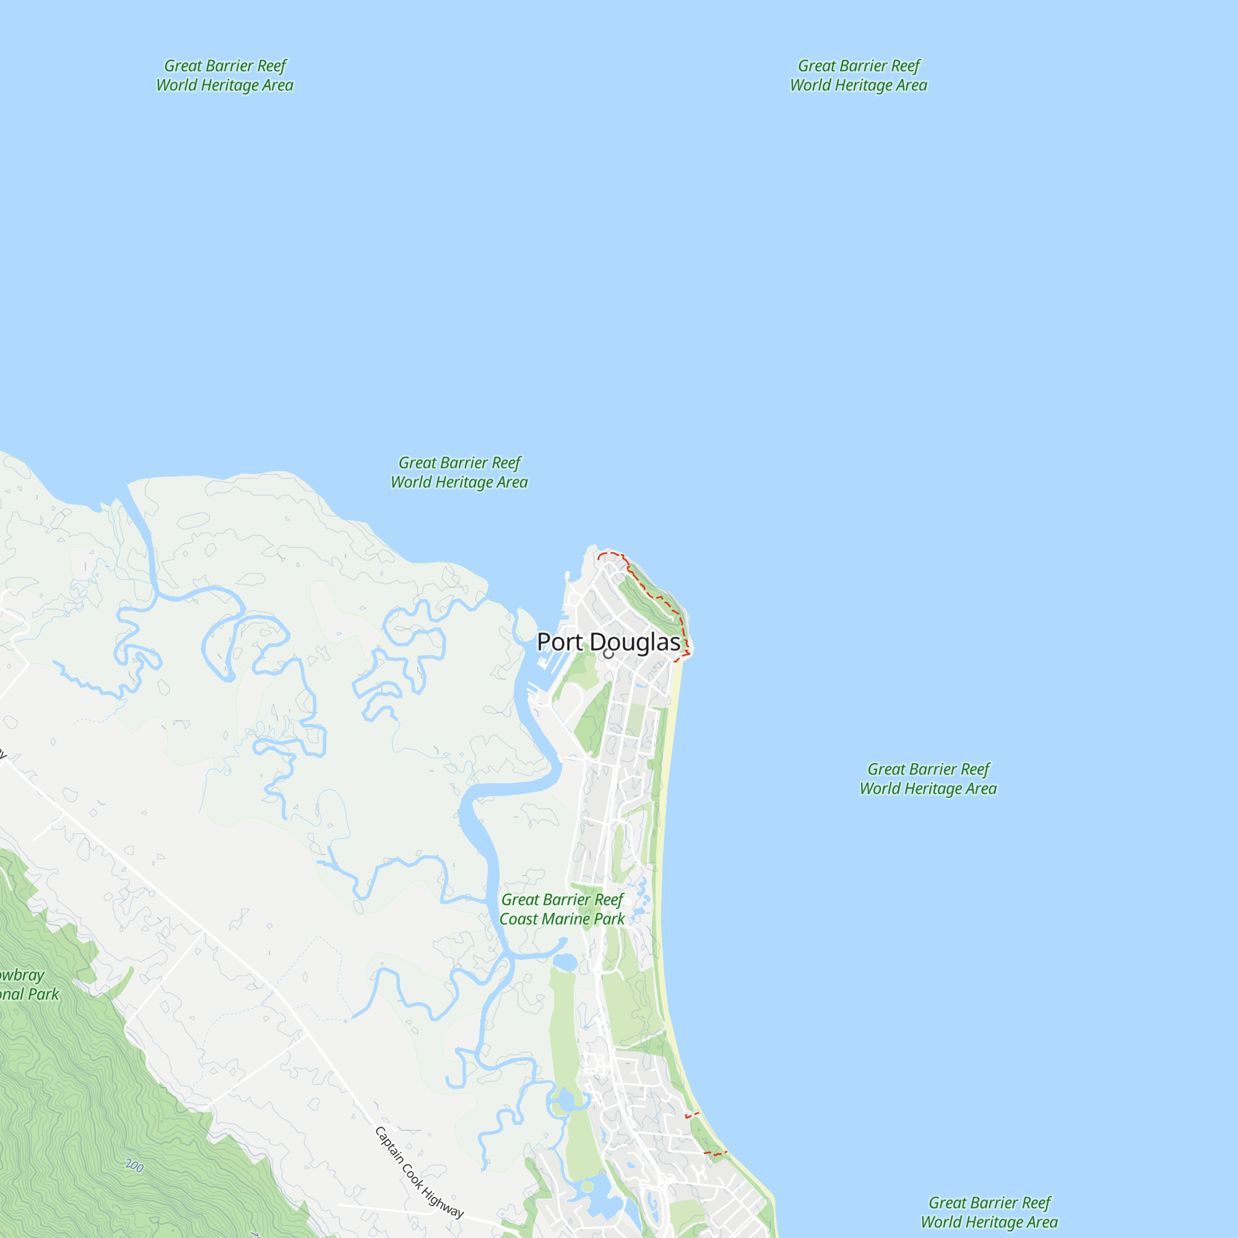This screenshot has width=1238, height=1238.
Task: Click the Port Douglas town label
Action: (x=608, y=641)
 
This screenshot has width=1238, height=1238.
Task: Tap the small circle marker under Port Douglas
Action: (x=608, y=654)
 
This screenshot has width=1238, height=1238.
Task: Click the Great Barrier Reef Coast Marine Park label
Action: (x=561, y=909)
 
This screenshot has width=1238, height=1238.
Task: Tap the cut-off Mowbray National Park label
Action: (x=25, y=985)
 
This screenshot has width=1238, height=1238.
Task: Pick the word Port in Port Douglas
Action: (x=560, y=641)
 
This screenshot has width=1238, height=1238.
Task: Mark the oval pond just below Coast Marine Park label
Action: (x=565, y=962)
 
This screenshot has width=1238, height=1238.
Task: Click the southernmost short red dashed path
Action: (x=715, y=1153)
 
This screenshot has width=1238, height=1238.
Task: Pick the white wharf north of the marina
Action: (x=567, y=576)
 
